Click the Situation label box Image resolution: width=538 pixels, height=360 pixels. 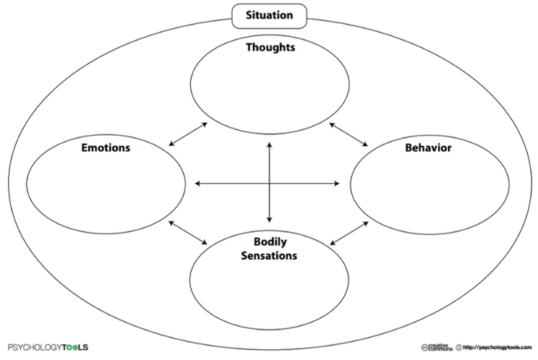(270, 14)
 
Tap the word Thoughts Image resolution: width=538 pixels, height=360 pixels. (270, 48)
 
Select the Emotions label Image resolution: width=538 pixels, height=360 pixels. (106, 147)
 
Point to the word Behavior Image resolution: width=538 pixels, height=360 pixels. (428, 147)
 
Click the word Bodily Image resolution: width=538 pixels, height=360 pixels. (270, 241)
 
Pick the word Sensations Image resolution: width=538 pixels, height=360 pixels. (270, 255)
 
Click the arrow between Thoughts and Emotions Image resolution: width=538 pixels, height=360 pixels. (187, 134)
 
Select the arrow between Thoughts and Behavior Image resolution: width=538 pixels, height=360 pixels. (349, 134)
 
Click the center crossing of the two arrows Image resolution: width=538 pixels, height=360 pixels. (270, 184)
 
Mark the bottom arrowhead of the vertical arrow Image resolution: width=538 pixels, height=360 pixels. (270, 219)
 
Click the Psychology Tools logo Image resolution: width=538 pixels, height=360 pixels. (48, 346)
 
